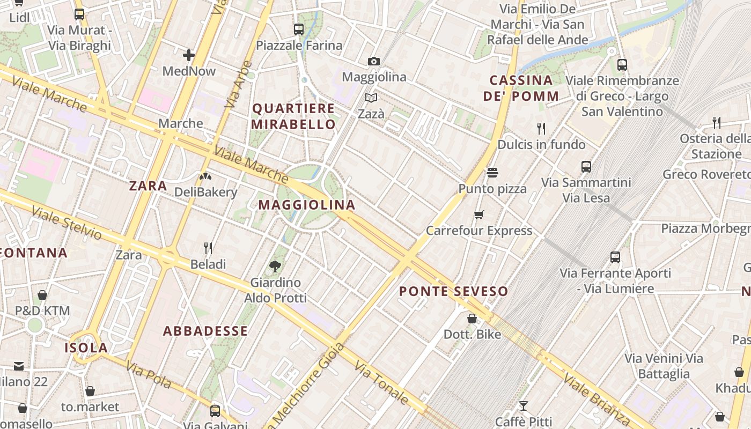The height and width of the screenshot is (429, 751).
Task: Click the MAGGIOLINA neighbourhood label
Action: coord(307,205)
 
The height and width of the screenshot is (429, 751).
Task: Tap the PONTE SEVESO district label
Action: coord(453,292)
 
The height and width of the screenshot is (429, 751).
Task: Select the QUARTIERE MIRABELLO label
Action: coord(294,116)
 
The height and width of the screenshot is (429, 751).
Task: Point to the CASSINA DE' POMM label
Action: coord(521,88)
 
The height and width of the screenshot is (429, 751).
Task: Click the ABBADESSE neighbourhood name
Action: coord(205,331)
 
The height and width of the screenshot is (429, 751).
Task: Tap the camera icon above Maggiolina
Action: coord(374,62)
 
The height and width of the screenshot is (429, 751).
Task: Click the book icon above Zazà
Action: coord(371,98)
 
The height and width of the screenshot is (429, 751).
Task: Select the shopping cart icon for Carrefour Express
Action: coord(479,215)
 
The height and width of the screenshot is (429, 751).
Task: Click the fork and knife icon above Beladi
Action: coord(208,248)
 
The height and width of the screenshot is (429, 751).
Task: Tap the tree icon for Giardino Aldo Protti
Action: coord(275,266)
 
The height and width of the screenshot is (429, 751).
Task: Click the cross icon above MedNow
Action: coord(189,55)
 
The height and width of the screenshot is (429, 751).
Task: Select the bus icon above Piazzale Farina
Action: coord(299,29)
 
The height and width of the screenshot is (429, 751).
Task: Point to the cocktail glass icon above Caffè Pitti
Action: coord(524,406)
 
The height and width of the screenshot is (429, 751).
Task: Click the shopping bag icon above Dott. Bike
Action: coord(472,319)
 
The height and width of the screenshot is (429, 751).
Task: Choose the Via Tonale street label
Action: coord(381,382)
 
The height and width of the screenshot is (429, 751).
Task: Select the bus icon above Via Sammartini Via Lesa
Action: coord(586,167)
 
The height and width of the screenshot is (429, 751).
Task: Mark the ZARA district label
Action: coord(148,186)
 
